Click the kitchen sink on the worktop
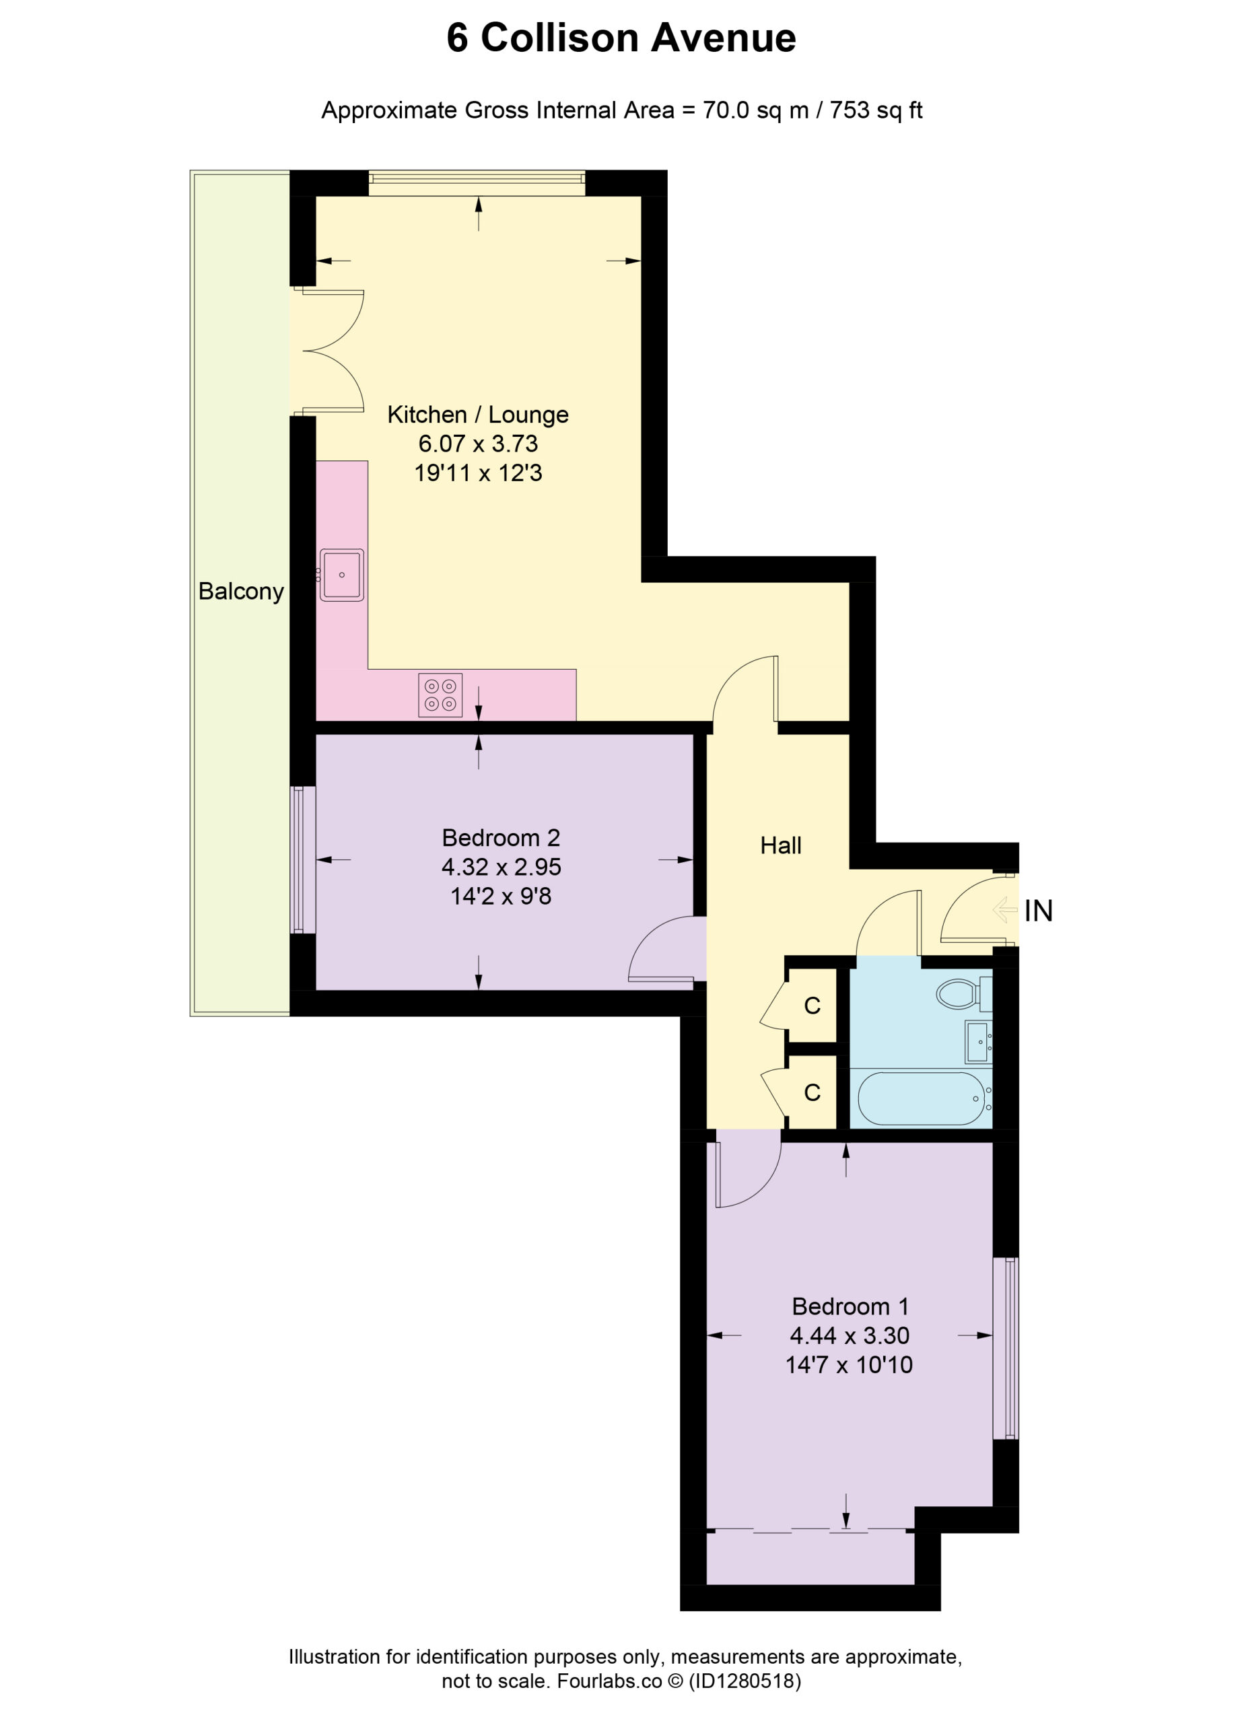341,575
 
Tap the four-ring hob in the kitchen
440,695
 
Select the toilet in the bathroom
963,993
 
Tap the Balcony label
241,592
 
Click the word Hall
780,845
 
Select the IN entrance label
1038,911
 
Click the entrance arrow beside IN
1004,909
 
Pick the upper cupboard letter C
813,1006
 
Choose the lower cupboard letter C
813,1092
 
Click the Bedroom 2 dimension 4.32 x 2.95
501,867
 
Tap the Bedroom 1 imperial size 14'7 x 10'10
849,1365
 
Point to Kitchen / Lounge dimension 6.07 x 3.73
478,444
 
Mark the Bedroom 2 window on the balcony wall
303,860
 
